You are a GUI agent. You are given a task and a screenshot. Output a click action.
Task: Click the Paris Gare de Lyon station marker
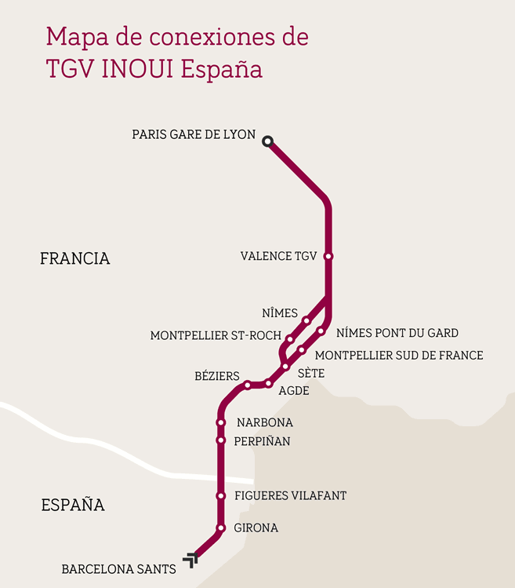(267, 141)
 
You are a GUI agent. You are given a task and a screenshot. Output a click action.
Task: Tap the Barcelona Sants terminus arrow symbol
(190, 559)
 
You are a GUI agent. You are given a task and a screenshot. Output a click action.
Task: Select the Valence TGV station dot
(328, 257)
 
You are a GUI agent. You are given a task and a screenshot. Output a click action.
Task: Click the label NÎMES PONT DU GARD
(397, 334)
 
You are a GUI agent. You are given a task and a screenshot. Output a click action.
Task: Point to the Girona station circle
(220, 528)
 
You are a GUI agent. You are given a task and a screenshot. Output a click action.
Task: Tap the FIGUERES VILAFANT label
(290, 496)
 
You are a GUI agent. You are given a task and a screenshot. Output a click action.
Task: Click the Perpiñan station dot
(220, 440)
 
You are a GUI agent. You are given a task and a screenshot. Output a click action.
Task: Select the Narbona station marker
(220, 422)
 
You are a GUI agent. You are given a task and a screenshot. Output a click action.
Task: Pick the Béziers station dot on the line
(247, 385)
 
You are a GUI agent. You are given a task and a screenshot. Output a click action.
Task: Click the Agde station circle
(268, 383)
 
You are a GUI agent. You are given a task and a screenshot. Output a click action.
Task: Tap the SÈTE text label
(311, 374)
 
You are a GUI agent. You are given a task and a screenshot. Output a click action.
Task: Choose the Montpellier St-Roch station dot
(289, 339)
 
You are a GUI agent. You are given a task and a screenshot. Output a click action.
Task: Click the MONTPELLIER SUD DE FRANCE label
(398, 356)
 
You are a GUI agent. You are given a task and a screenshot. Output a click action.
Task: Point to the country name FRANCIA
(74, 258)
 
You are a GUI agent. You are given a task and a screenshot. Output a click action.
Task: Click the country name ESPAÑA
(73, 505)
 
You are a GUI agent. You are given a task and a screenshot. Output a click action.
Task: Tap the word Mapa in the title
(73, 36)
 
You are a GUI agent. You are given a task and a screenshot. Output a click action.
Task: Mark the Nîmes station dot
(306, 320)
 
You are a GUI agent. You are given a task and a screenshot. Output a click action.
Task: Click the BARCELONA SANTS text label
(118, 569)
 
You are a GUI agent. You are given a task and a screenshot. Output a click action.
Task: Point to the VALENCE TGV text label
(278, 257)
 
